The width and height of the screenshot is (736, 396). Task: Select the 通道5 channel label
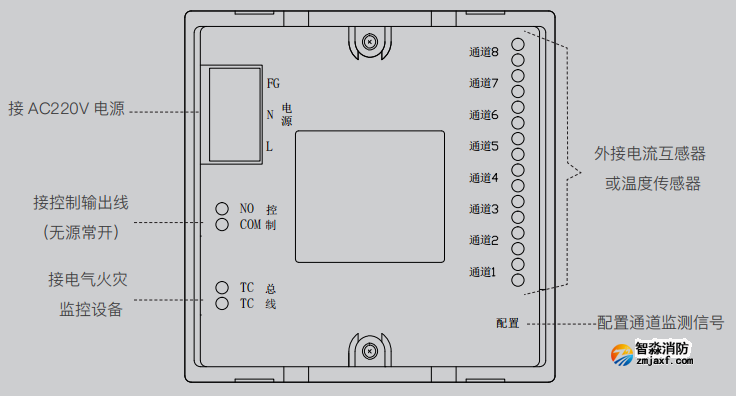pyautogui.click(x=483, y=146)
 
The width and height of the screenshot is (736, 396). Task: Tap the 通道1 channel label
pyautogui.click(x=483, y=271)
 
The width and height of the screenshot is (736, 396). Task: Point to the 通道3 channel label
pyautogui.click(x=483, y=209)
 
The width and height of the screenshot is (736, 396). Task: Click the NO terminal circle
pyautogui.click(x=223, y=208)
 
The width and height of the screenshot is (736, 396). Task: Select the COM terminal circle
pyautogui.click(x=223, y=225)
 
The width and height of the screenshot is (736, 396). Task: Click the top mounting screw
pyautogui.click(x=369, y=42)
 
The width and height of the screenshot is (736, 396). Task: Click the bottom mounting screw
pyautogui.click(x=369, y=351)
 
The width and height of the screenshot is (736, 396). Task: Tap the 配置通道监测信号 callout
pyautogui.click(x=660, y=323)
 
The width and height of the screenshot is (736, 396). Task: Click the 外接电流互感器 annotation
pyautogui.click(x=650, y=154)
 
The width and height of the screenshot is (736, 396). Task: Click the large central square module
pyautogui.click(x=369, y=197)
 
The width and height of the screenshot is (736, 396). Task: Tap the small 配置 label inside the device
pyautogui.click(x=508, y=324)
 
